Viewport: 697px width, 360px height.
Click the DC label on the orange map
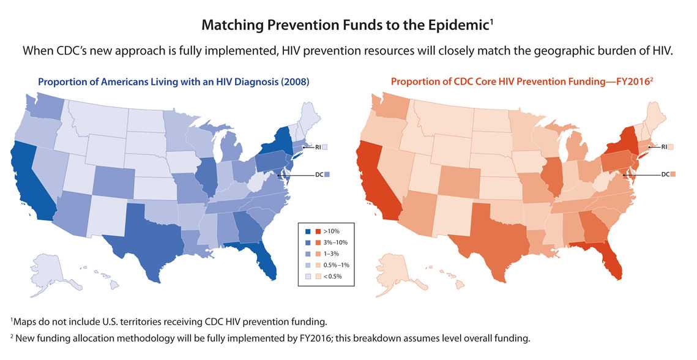(x=665, y=174)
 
